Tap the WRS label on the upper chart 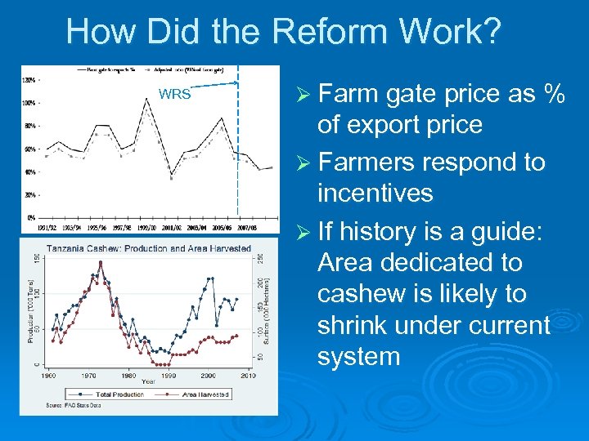coord(174,94)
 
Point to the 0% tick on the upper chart coord(29,218)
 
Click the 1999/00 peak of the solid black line coord(146,98)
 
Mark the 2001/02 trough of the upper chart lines coord(171,175)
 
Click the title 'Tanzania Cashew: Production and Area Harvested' coord(148,248)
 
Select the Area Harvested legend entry coord(196,394)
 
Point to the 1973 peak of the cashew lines coord(101,263)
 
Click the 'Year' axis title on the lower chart coord(148,382)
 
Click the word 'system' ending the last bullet coord(358,356)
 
